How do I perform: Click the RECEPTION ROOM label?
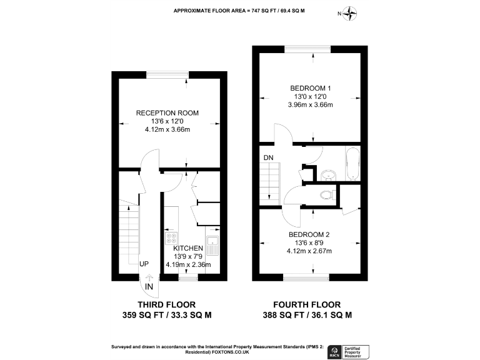167,113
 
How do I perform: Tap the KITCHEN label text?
188,248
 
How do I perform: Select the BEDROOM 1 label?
311,88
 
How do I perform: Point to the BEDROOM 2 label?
309,235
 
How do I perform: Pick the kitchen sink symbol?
213,246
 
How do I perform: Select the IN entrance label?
149,286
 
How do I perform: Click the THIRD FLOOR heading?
167,304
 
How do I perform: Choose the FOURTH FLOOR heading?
307,304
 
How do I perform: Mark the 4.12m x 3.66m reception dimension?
167,129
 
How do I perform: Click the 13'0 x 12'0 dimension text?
311,96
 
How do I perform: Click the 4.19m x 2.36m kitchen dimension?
188,264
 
